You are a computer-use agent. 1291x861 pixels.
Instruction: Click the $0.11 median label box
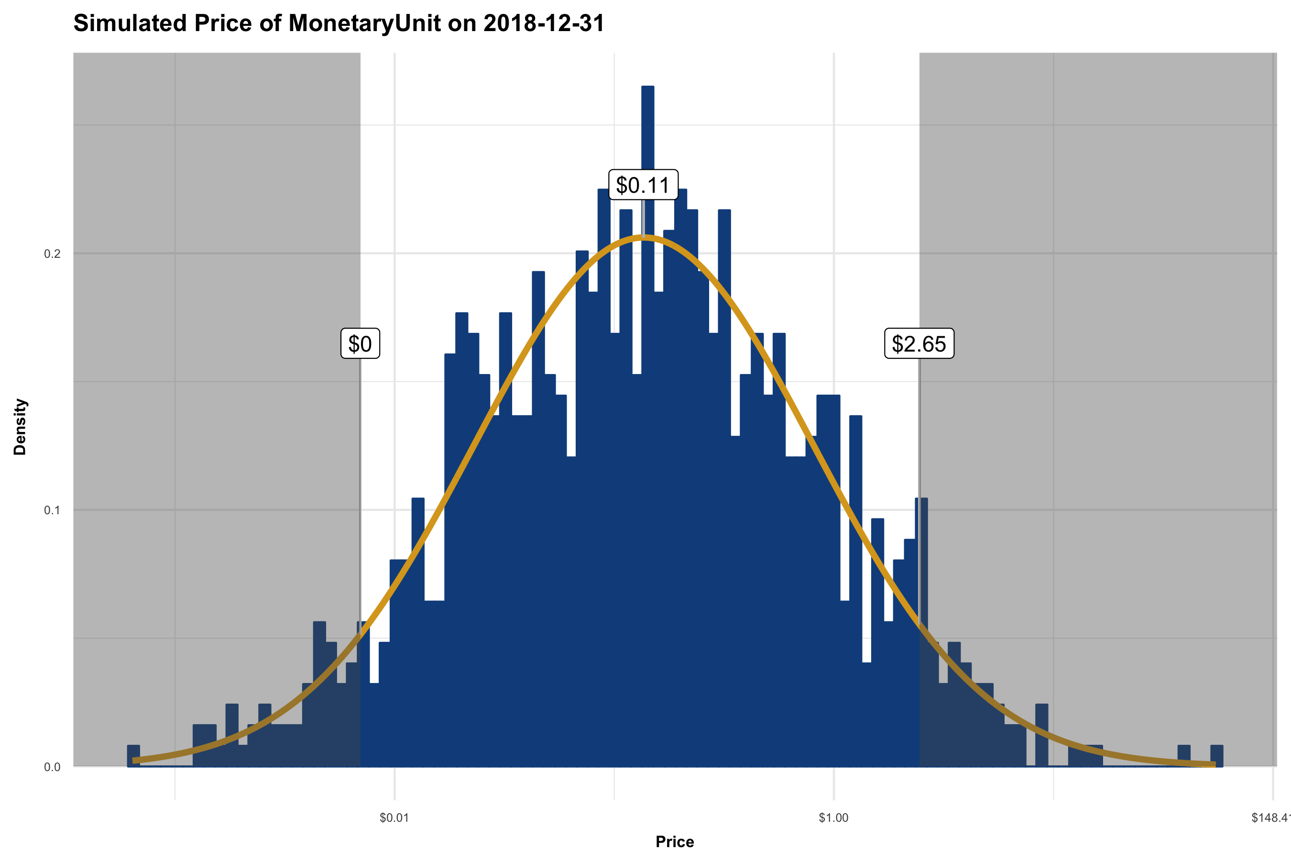(x=643, y=185)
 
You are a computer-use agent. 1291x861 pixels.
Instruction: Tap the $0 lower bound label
(x=360, y=344)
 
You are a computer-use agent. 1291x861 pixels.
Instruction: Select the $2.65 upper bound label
(x=919, y=344)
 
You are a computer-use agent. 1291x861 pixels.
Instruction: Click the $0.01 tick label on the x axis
(x=394, y=817)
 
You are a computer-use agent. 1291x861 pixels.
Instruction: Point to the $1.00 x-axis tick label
(x=833, y=817)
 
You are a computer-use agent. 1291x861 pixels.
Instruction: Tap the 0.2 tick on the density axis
(x=52, y=254)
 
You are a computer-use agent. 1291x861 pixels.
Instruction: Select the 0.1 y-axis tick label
(x=52, y=510)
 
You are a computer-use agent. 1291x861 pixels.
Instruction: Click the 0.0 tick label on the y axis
(x=52, y=767)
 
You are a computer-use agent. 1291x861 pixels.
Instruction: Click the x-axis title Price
(x=675, y=842)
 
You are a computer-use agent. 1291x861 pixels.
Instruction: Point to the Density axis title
(x=20, y=427)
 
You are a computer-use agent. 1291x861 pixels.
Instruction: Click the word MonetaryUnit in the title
(x=364, y=23)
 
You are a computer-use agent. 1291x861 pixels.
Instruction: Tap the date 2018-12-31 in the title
(x=543, y=23)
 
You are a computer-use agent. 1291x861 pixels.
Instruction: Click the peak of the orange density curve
(x=645, y=237)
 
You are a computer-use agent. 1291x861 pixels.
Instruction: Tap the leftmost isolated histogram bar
(x=133, y=756)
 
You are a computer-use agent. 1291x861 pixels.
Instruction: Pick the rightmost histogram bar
(x=1217, y=756)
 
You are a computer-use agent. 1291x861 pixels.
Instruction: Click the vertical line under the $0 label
(x=360, y=494)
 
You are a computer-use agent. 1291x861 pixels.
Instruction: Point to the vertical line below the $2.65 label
(x=919, y=428)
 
